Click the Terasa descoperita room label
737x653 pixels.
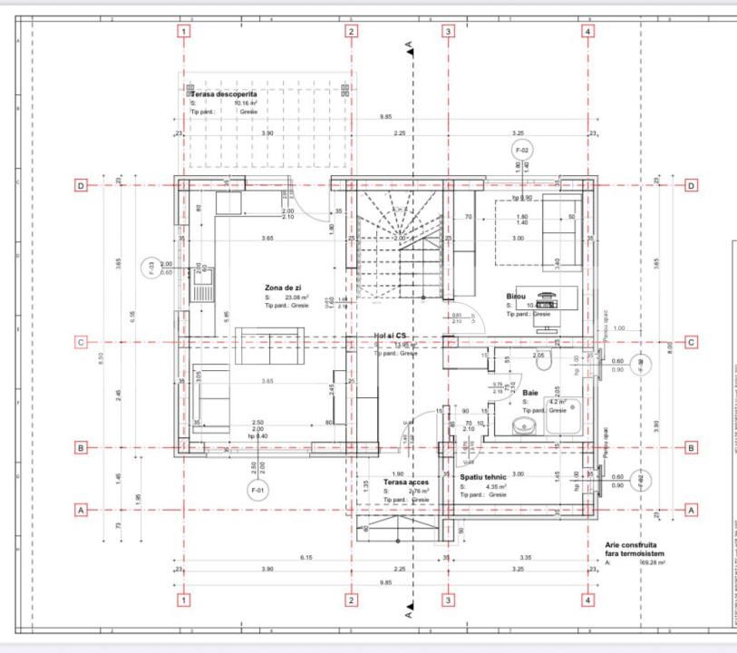point(223,93)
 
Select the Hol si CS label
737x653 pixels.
point(391,335)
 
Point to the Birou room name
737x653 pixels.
point(517,297)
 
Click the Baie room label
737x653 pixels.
point(530,393)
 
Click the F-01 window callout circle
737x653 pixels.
point(258,490)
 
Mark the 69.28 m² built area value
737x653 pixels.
point(653,562)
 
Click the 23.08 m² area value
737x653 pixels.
point(297,297)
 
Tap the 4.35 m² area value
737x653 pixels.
point(496,486)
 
